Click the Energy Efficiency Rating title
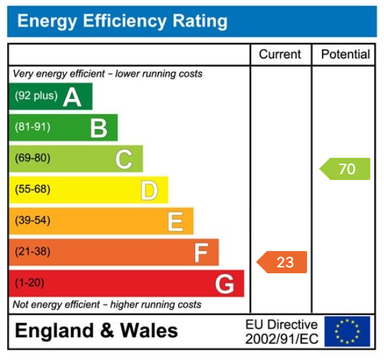[x=123, y=21]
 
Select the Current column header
[x=280, y=55]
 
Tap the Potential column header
[x=345, y=55]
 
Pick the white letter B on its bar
[x=98, y=128]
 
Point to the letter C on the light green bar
[x=124, y=159]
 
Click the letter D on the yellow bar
[x=149, y=190]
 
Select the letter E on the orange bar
[x=175, y=222]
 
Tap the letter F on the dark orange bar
[x=201, y=253]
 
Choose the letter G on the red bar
[x=225, y=284]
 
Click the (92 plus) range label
[x=37, y=96]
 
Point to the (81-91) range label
[x=33, y=127]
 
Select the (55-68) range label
[x=33, y=190]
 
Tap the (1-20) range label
[x=30, y=284]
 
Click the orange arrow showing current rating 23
[x=282, y=262]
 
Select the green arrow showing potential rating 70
[x=345, y=169]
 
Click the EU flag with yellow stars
[x=347, y=331]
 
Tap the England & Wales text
[x=96, y=331]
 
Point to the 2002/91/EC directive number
[x=281, y=339]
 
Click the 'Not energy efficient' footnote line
[x=108, y=305]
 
